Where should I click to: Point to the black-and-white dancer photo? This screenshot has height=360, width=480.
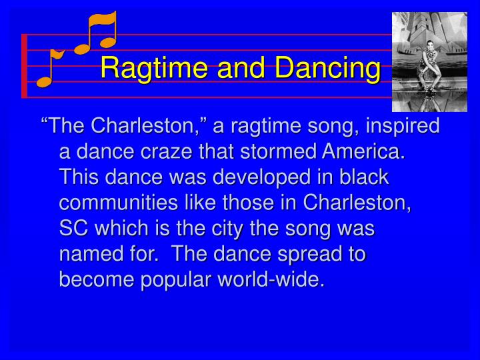coord(429,61)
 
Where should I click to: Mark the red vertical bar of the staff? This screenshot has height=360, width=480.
coord(25,65)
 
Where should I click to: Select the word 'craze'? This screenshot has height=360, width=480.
coord(169,153)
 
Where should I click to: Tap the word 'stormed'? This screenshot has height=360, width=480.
coord(280,153)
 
